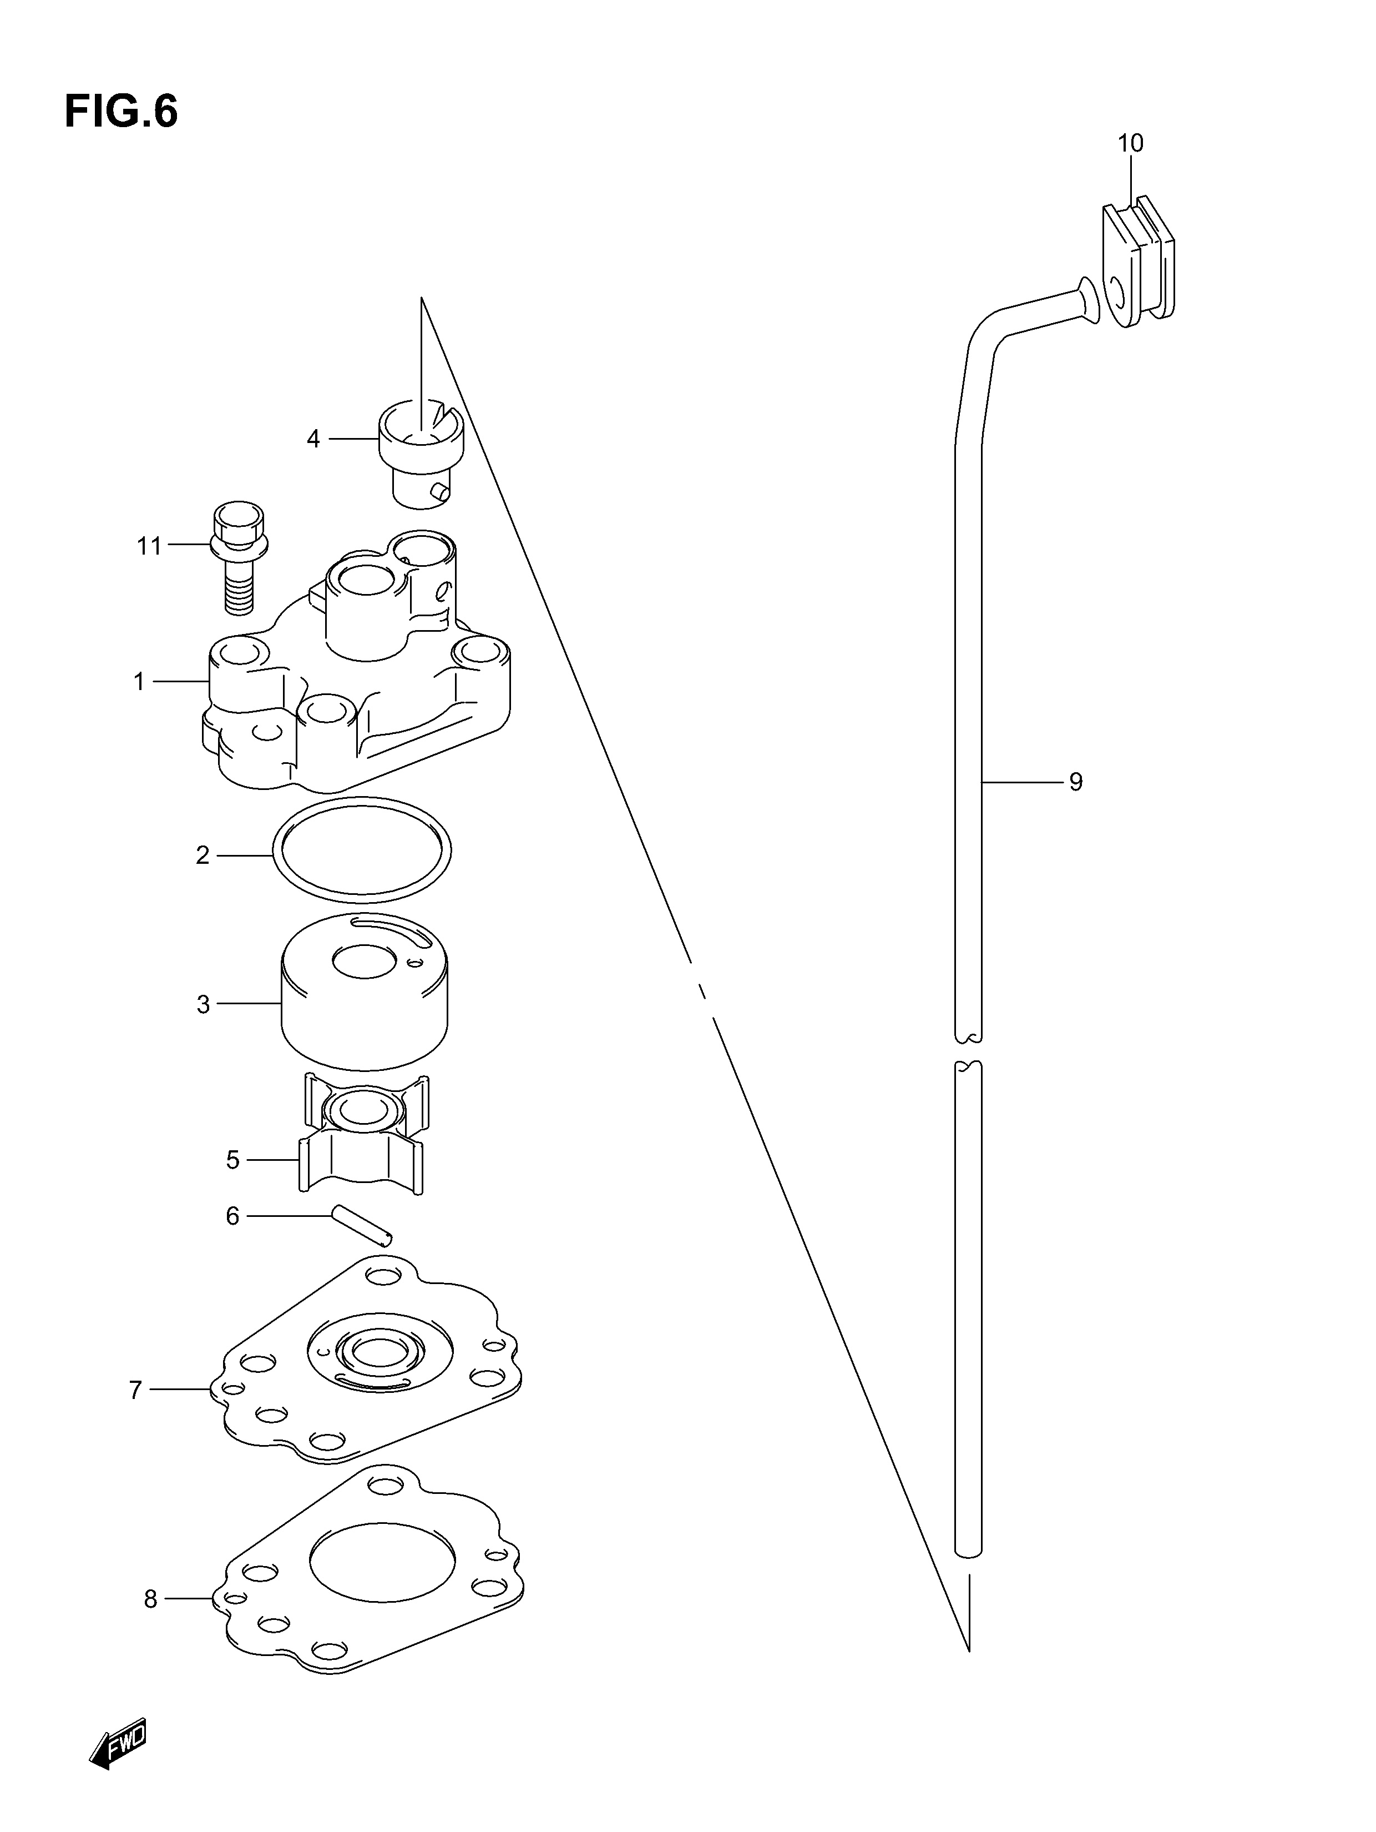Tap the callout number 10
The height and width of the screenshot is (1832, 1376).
pos(1130,143)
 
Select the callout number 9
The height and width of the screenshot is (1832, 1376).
pos(1075,781)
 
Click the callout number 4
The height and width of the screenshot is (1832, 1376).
pos(313,439)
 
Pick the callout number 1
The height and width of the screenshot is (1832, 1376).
pos(139,682)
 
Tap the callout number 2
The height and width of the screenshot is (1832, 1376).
pos(203,855)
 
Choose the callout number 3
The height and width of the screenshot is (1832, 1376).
pos(204,1005)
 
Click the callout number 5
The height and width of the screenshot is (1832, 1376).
pos(232,1160)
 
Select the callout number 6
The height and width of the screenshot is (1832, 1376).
pos(232,1216)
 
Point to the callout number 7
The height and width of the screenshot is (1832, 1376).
pos(136,1390)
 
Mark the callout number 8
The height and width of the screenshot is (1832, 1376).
pos(151,1599)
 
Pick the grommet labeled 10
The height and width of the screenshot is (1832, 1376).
pos(1137,258)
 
